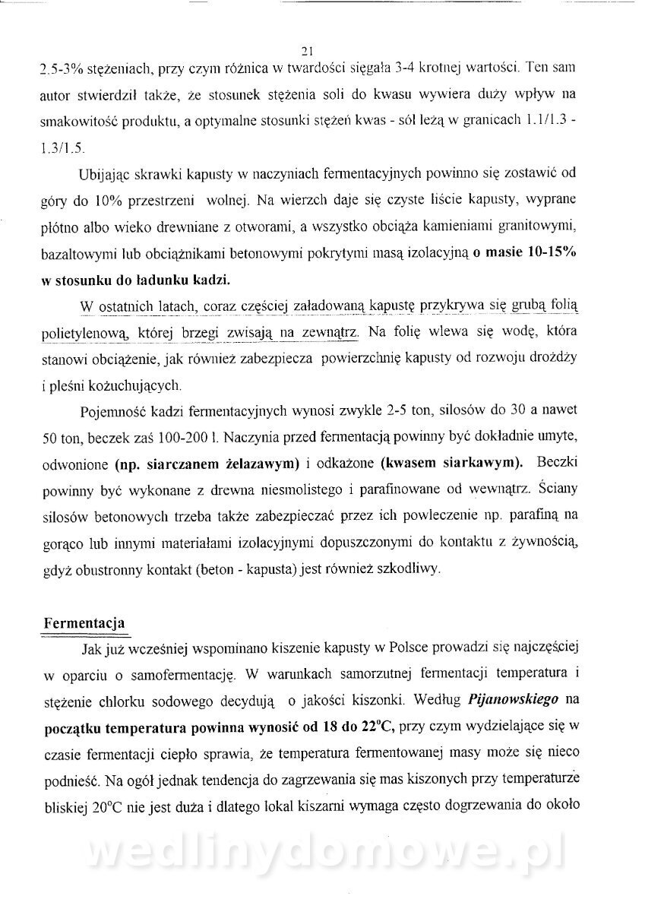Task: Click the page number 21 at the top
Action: pos(308,52)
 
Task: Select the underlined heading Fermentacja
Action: pos(84,620)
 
